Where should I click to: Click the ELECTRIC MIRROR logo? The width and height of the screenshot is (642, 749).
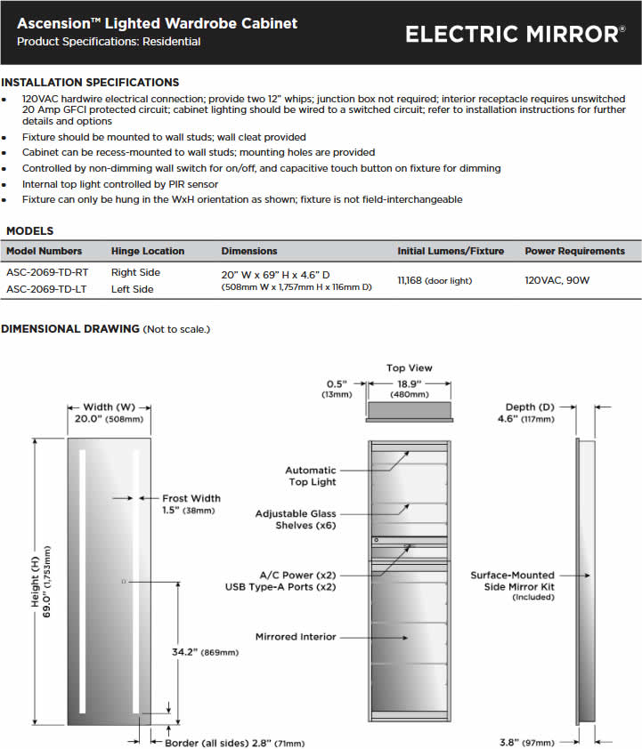515,34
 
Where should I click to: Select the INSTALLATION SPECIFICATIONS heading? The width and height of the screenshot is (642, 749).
90,82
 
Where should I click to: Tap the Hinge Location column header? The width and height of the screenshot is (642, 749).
148,251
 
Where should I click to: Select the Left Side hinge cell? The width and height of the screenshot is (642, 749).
132,289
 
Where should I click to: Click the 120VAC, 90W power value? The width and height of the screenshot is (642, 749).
557,280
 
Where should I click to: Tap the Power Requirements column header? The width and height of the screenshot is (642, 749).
574,251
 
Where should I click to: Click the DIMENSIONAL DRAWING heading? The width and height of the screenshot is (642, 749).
70,329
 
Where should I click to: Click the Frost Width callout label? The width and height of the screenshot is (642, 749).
191,498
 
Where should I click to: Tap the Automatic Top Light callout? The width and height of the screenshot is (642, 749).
311,476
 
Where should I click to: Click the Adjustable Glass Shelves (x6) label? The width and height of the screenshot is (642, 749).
296,519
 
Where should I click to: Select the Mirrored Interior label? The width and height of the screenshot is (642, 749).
296,637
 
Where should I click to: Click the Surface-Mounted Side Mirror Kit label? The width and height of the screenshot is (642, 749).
512,581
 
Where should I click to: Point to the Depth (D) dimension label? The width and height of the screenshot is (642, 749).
532,407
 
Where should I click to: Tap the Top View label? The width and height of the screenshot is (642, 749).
409,367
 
